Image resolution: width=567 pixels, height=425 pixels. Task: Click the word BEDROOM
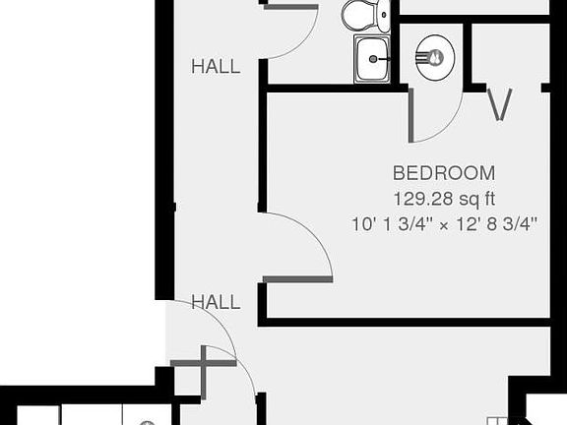tap(443, 172)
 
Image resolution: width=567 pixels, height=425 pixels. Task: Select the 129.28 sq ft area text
tap(443, 198)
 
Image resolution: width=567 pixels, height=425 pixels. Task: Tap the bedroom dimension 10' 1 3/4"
tap(391, 223)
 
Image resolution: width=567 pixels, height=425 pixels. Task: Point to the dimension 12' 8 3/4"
tap(495, 223)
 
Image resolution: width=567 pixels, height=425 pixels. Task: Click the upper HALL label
tap(216, 67)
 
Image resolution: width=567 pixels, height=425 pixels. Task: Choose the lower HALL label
tap(216, 302)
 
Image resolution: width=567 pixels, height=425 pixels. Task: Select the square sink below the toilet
tap(371, 58)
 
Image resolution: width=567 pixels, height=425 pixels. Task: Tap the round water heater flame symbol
tap(433, 58)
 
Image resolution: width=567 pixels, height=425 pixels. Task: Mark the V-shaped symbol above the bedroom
tap(500, 105)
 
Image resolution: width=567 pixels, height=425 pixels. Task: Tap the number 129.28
tap(420, 198)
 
